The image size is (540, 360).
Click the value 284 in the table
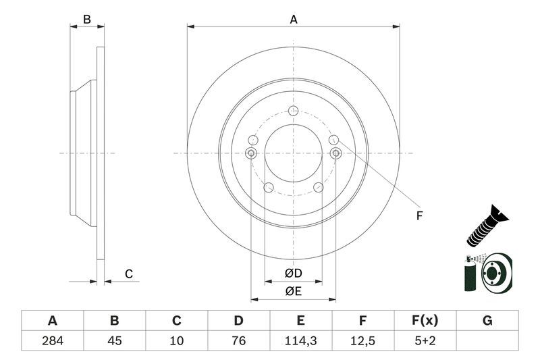pos(53,340)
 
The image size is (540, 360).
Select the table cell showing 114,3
pos(301,340)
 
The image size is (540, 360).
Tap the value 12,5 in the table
pos(363,340)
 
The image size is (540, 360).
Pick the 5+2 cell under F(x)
pos(425,340)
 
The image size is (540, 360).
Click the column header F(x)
pos(425,320)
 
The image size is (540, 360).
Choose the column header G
pos(487,320)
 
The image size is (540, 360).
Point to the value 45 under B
pos(115,340)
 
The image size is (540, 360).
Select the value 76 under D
pos(239,340)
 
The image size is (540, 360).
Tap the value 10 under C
pos(177,340)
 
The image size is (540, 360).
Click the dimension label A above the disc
pos(294,20)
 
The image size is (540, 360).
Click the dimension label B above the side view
pos(86,20)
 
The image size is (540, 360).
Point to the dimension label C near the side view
pos(128,274)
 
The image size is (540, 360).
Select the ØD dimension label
pos(293,274)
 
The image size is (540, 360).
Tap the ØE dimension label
pos(293,291)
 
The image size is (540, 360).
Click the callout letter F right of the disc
pos(418,216)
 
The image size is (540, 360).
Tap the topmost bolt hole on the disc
pos(293,111)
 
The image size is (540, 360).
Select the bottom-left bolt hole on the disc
pos(268,188)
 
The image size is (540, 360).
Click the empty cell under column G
pos(487,340)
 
